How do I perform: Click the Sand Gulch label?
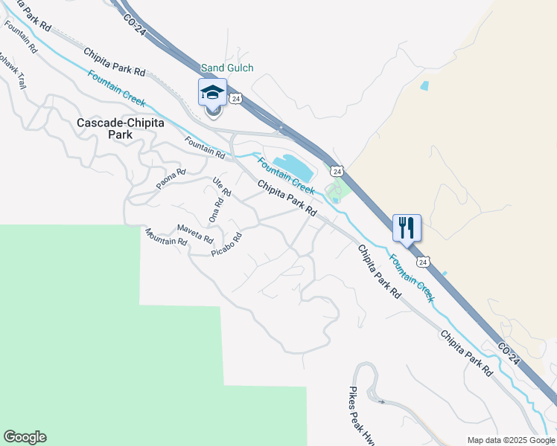pyautogui.click(x=227, y=68)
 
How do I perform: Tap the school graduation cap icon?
pyautogui.click(x=212, y=94)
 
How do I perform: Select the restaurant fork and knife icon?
pyautogui.click(x=407, y=228)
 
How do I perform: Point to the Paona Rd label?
pyautogui.click(x=170, y=180)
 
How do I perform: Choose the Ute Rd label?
pyautogui.click(x=222, y=187)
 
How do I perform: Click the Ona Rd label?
pyautogui.click(x=217, y=211)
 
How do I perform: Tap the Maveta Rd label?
pyautogui.click(x=195, y=234)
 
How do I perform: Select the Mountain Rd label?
pyautogui.click(x=166, y=236)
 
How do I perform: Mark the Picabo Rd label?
pyautogui.click(x=227, y=245)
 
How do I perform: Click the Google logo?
pyautogui.click(x=25, y=437)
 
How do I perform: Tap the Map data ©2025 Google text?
pyautogui.click(x=510, y=440)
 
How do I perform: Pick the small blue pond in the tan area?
pyautogui.click(x=424, y=85)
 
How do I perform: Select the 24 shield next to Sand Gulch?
pyautogui.click(x=235, y=98)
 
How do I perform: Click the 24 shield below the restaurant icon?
pyautogui.click(x=422, y=262)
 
